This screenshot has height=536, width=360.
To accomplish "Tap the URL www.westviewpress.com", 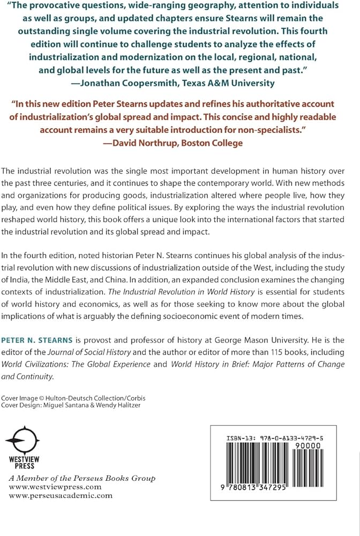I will [55, 487].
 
